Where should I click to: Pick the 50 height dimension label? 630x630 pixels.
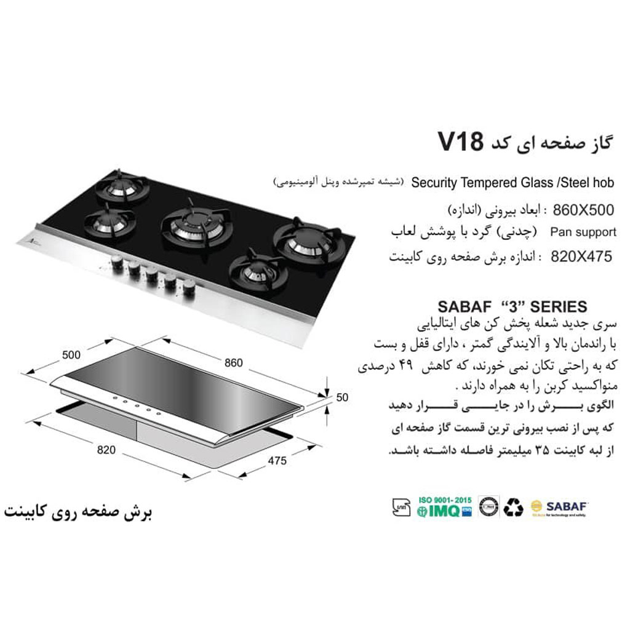(342, 397)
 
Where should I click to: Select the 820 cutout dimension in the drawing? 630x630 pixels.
(106, 450)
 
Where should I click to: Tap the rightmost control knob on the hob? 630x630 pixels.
(188, 287)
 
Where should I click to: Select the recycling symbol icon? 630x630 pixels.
(513, 507)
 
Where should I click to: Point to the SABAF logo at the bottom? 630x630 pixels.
(560, 507)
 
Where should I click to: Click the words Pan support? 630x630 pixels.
(583, 233)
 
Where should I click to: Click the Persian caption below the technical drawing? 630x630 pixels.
(78, 512)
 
